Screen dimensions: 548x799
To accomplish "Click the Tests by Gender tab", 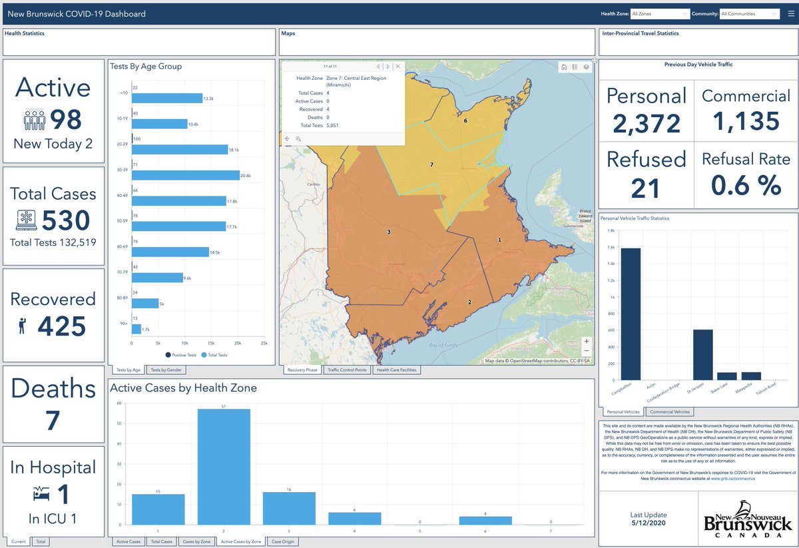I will click(x=166, y=370).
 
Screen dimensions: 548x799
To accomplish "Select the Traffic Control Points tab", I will click(x=347, y=370).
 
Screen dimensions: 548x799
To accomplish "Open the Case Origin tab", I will click(x=283, y=541).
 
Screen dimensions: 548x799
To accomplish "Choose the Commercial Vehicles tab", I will click(x=669, y=412).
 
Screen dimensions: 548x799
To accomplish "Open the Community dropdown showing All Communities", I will click(x=749, y=13).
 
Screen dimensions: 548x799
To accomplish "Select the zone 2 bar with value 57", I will click(x=223, y=467).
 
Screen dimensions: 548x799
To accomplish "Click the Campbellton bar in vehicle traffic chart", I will click(x=630, y=314).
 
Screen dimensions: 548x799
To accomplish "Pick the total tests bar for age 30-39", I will click(x=185, y=175).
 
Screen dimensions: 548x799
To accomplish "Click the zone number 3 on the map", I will click(x=389, y=232).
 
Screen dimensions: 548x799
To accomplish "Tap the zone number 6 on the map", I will click(x=465, y=121).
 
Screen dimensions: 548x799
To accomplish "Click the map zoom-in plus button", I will click(x=586, y=342).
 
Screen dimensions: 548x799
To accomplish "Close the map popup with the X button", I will click(x=398, y=67).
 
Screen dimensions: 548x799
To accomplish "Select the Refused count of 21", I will click(x=645, y=187).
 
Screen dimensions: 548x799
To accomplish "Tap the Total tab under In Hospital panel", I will click(x=41, y=541).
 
